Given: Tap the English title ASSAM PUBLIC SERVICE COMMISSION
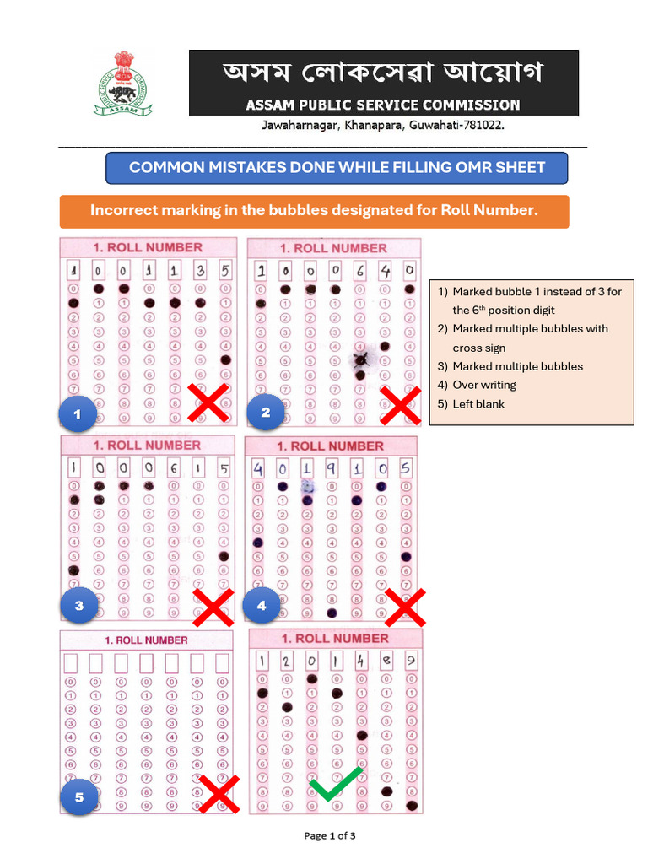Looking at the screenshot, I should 382,105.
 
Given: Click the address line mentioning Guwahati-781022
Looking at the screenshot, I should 383,125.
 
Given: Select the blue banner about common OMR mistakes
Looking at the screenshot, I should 337,168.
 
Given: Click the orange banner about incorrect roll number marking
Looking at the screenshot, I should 314,211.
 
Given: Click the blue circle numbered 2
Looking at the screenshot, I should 265,413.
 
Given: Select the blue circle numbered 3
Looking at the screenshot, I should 79,605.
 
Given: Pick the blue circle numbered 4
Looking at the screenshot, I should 262,605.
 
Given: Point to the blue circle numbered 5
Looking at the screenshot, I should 79,796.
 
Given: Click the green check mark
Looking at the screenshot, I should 335,784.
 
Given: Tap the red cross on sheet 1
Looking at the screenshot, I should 208,402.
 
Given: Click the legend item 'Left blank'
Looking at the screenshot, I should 478,404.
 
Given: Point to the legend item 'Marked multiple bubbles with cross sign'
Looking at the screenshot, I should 529,337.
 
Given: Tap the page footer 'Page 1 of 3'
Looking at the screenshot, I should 330,836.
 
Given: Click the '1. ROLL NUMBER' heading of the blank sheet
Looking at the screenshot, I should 146,640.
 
